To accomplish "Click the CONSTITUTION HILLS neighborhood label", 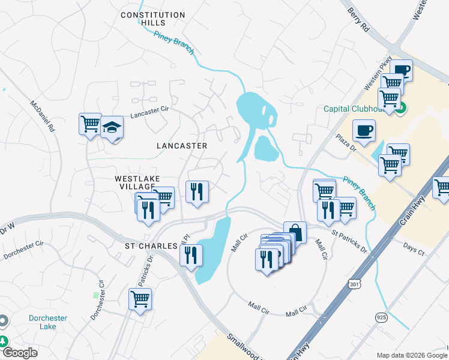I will [x=152, y=19].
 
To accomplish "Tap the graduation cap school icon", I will [x=112, y=127].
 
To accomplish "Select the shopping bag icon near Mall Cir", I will [x=295, y=231].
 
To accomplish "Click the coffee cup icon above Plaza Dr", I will [x=364, y=130].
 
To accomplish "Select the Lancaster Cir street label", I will [x=146, y=113].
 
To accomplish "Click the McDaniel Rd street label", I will [x=43, y=116].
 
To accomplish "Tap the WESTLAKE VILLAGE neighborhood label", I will [x=135, y=183].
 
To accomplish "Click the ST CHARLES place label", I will [x=151, y=247].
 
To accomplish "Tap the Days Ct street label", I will [x=414, y=248].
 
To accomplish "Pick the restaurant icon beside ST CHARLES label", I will [x=191, y=255].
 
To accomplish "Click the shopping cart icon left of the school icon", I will [x=90, y=124].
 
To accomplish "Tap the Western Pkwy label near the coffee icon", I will [x=378, y=73].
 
